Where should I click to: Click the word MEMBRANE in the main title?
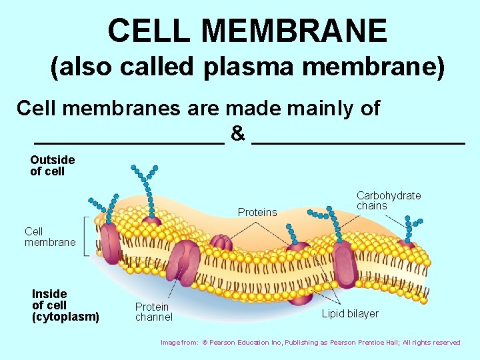[297, 31]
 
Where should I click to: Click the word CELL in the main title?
[151, 31]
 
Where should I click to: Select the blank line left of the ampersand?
[129, 141]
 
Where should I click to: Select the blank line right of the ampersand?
[359, 141]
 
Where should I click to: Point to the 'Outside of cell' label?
[53, 165]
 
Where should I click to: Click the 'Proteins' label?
[257, 212]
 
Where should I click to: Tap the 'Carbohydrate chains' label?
[389, 200]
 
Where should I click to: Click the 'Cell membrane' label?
[50, 237]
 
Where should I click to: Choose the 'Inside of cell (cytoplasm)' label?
[65, 305]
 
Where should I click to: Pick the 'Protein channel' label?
[153, 312]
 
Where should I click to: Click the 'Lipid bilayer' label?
[350, 313]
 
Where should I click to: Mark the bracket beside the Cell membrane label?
[86, 235]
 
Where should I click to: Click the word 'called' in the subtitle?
[160, 67]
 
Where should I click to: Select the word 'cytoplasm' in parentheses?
[65, 317]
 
